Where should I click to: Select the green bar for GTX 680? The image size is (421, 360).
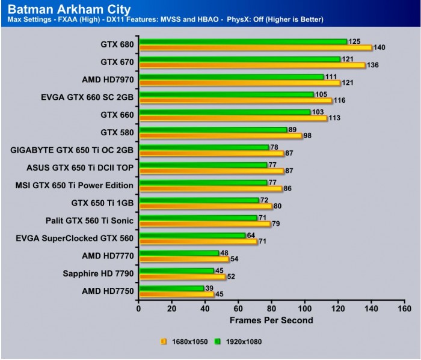click(243, 41)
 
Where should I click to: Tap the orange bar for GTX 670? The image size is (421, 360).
click(252, 65)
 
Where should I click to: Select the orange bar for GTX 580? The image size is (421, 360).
click(220, 135)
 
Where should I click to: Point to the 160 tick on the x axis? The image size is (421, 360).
click(404, 309)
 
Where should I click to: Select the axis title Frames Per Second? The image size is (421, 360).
click(271, 320)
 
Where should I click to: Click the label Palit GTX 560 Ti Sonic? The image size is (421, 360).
click(92, 221)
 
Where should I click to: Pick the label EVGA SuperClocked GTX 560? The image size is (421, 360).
click(75, 238)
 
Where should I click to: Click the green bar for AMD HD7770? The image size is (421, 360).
click(179, 253)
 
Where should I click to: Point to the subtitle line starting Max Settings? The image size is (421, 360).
click(165, 20)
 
